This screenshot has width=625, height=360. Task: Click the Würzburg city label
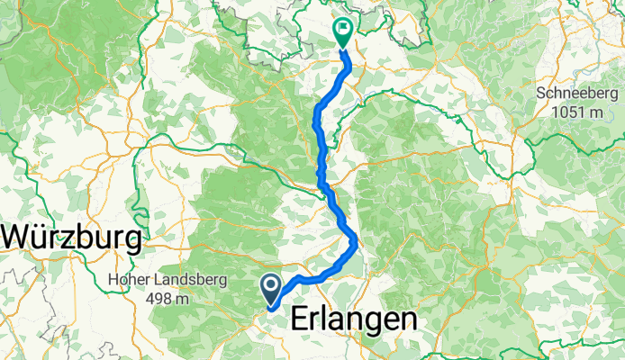pyautogui.click(x=72, y=239)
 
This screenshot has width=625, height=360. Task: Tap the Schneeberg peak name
pyautogui.click(x=576, y=94)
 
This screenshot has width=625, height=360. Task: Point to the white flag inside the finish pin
pyautogui.click(x=344, y=28)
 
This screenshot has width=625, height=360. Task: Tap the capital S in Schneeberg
pyautogui.click(x=540, y=94)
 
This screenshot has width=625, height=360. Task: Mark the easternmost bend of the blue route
pyautogui.click(x=358, y=239)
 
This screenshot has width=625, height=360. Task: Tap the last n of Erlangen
pyautogui.click(x=408, y=320)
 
